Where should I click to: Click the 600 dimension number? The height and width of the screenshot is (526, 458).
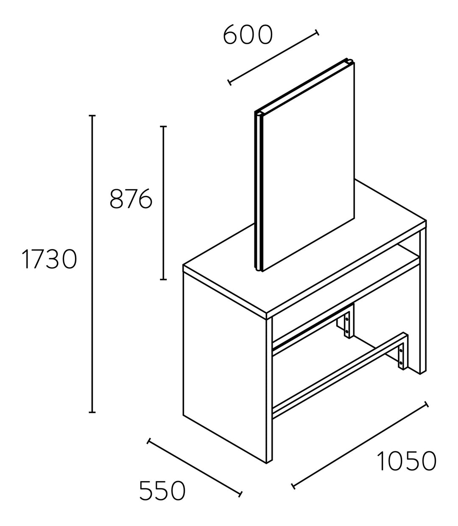pos(248,34)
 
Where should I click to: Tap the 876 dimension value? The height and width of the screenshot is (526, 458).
pos(131,198)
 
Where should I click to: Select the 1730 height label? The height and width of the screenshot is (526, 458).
pos(49,259)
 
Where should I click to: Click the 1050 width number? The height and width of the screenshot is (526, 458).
pos(406,461)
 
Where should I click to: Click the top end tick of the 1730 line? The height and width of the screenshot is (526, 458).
pos(92,116)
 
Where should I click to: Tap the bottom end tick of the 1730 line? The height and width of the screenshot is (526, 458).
pos(92,412)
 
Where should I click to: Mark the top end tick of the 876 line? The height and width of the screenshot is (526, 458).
pos(163,126)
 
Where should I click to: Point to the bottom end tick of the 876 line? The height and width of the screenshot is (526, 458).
pos(163,279)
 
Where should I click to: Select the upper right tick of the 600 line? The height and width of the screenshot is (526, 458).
pos(317,32)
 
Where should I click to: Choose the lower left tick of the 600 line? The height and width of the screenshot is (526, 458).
pos(229,83)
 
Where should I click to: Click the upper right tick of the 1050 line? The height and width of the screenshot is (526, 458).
pos(427,404)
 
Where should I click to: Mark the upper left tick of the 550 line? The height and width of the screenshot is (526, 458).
pos(148,441)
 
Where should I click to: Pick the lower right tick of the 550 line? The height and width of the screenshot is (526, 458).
pos(240,494)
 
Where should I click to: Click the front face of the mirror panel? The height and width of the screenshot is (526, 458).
pos(308,167)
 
